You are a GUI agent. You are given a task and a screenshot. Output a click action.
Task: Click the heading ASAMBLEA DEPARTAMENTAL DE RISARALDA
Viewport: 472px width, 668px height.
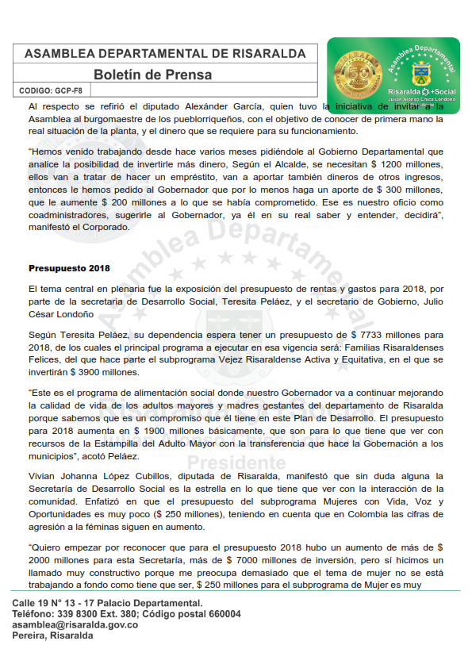coord(165,53)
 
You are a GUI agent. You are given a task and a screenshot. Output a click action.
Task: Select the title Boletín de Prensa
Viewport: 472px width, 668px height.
coord(152,75)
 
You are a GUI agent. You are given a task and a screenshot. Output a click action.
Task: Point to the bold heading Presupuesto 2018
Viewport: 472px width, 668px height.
coord(69,267)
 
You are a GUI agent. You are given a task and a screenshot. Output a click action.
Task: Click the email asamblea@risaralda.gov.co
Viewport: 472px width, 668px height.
coord(75,624)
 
